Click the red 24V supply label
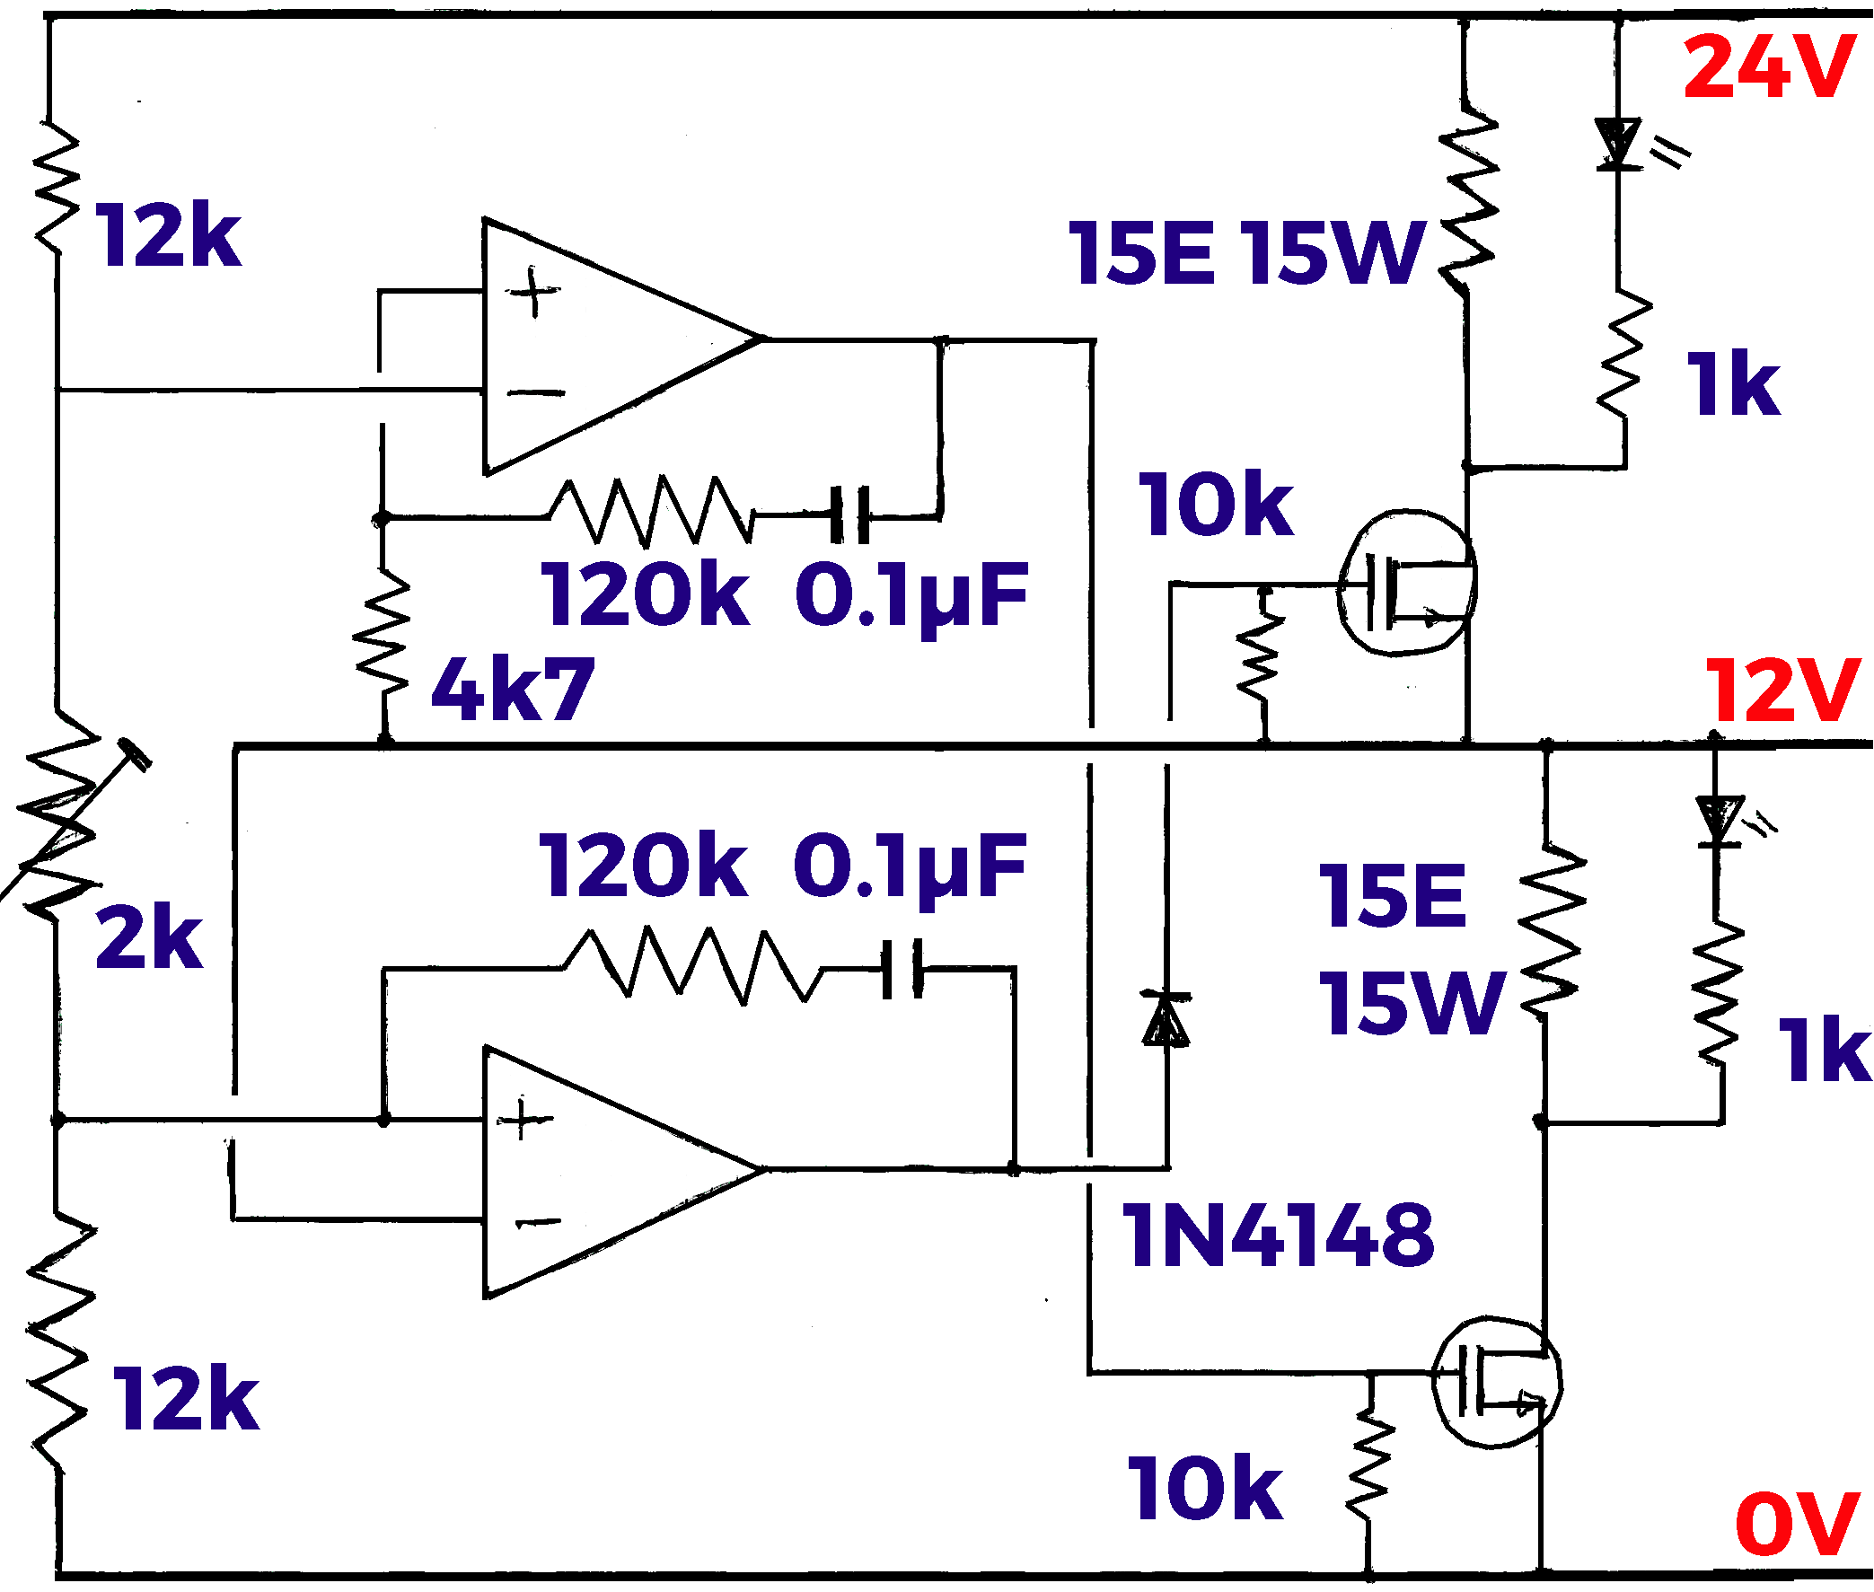[x=1768, y=67]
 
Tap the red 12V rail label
[x=1782, y=690]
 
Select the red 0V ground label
[x=1796, y=1524]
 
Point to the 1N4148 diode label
[x=1276, y=1235]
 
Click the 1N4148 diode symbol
[x=1166, y=1020]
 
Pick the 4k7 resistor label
[x=513, y=690]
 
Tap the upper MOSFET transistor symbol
[x=1405, y=582]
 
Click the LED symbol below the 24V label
[x=1617, y=145]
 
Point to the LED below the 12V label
[x=1719, y=822]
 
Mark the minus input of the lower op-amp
[x=538, y=1223]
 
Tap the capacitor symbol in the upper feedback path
[x=849, y=515]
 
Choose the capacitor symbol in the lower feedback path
[x=902, y=969]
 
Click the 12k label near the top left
[x=168, y=235]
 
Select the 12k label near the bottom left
[x=186, y=1399]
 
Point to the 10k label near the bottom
[x=1204, y=1490]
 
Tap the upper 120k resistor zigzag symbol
[x=650, y=512]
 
